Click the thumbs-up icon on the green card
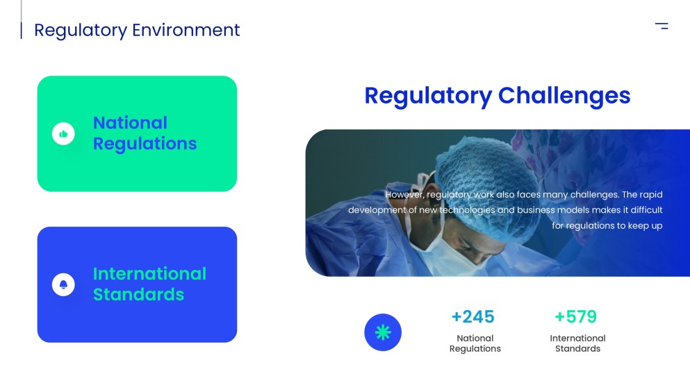coord(63,134)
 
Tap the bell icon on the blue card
coord(63,284)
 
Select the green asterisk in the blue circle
coord(383,332)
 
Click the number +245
coord(473,316)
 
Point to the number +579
coord(576,316)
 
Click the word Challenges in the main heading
coord(564,96)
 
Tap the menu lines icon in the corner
coord(662,26)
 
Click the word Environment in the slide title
coord(186,30)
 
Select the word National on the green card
coord(130,123)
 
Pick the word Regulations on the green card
coord(145,144)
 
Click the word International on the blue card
coord(149,274)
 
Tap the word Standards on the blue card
coord(138,295)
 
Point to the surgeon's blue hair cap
coord(486,176)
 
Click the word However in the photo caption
coord(405,195)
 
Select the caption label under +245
coord(475,343)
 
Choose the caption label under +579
coord(578,343)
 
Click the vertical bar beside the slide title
coord(21,31)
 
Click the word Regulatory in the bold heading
coord(428,96)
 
